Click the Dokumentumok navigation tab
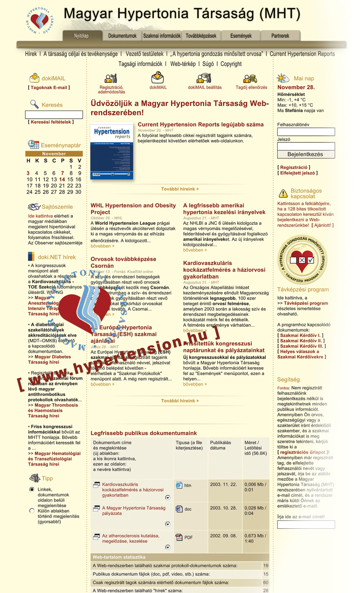(x=122, y=36)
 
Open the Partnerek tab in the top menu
(x=280, y=36)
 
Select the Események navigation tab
(x=241, y=36)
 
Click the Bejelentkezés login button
(x=306, y=154)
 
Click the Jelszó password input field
(x=306, y=146)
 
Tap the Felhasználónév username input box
(x=306, y=132)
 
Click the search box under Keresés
(x=54, y=115)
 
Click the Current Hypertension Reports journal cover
(x=112, y=152)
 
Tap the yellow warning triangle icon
(x=283, y=193)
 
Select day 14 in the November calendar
(x=62, y=180)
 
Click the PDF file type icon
(x=179, y=537)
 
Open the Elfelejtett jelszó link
(x=298, y=173)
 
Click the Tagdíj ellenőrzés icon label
(x=251, y=87)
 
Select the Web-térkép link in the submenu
(x=183, y=64)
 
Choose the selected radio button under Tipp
(x=32, y=490)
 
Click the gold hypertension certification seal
(x=302, y=260)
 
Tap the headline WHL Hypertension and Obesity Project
(x=133, y=209)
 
